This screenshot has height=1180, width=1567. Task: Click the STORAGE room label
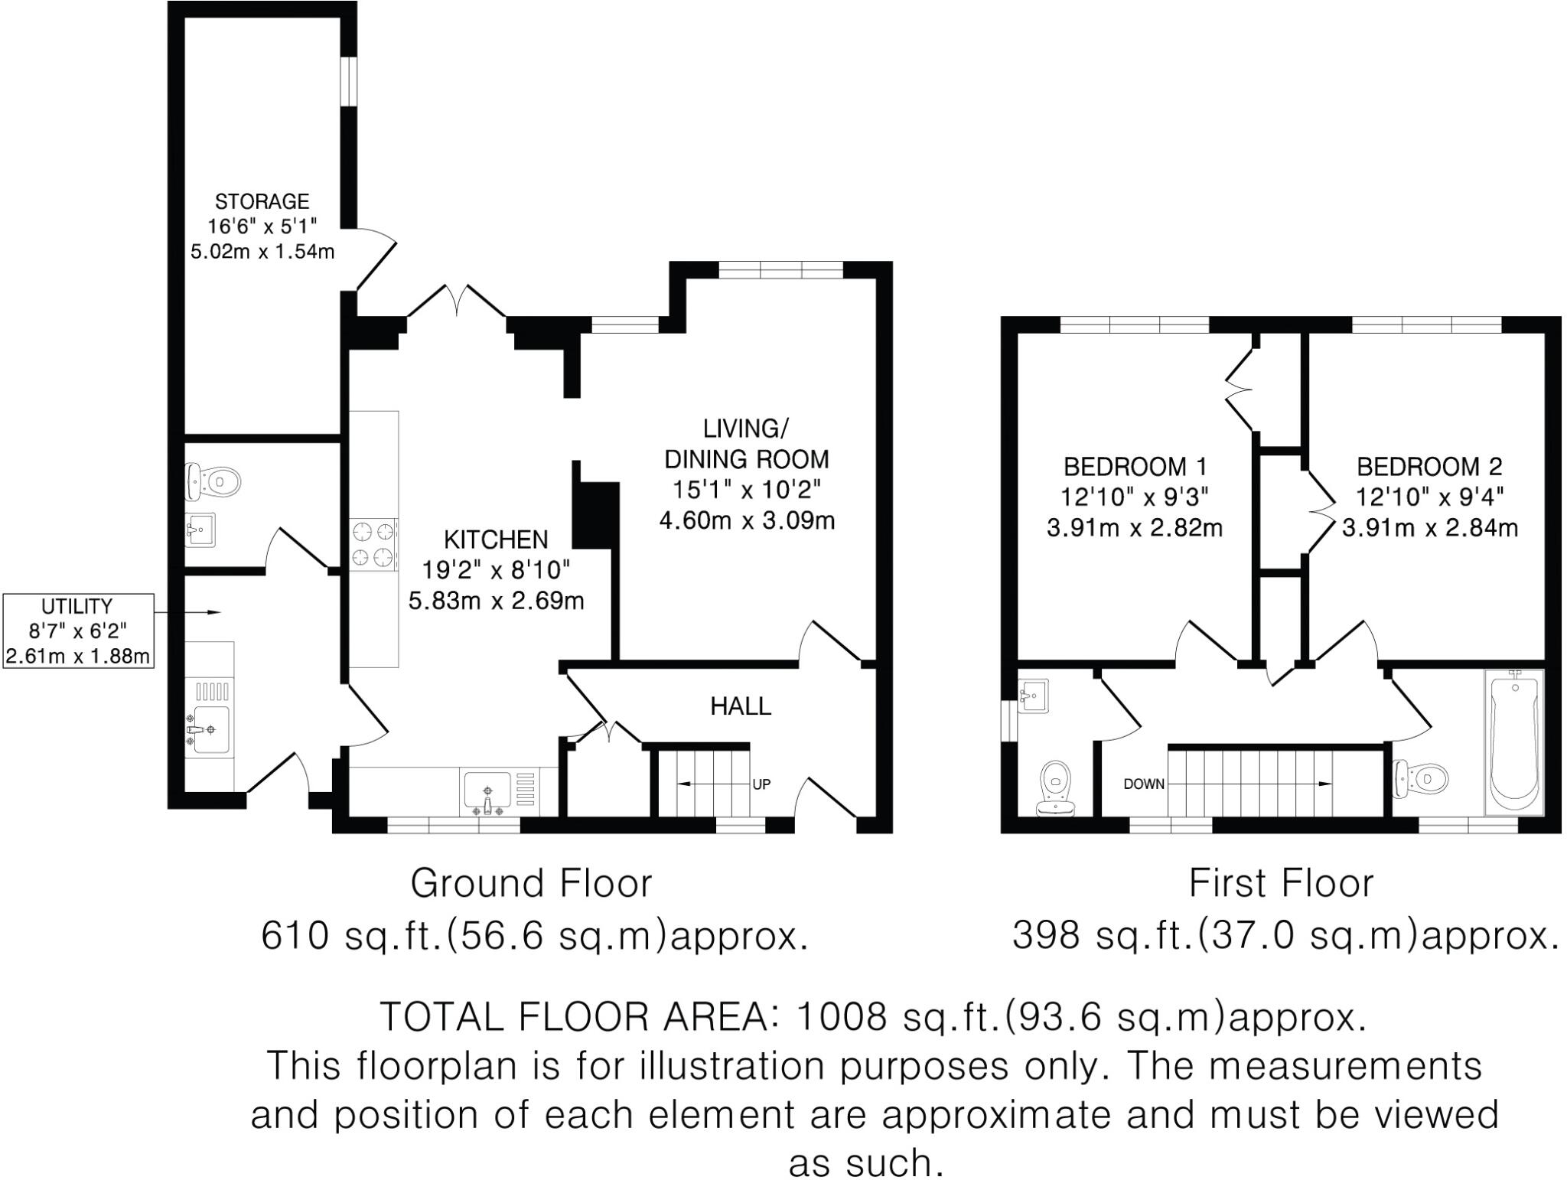coord(262,202)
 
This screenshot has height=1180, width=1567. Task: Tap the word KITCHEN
coord(496,539)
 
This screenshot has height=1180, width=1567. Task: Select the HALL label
coord(740,706)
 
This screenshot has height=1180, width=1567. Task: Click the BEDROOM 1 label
coord(1135,466)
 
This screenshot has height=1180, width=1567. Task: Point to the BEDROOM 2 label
coord(1429,466)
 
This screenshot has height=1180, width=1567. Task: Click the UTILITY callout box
coord(77,631)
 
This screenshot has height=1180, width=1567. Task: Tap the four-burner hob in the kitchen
coord(374,544)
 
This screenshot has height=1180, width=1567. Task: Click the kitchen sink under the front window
coord(487,793)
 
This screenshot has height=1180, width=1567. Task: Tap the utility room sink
coord(208,729)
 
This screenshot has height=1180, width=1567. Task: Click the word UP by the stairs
coord(761,784)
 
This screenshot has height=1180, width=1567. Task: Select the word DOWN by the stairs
coord(1143,784)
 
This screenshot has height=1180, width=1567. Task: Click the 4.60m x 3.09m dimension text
coord(746,521)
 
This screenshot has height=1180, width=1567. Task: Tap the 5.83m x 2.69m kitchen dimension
coord(496,601)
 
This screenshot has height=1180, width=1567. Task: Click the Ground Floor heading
coord(531,883)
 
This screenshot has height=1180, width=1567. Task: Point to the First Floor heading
coord(1281,883)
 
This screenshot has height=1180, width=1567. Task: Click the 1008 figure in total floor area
coord(841,1017)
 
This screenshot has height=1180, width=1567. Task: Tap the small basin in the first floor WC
coord(1034,695)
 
